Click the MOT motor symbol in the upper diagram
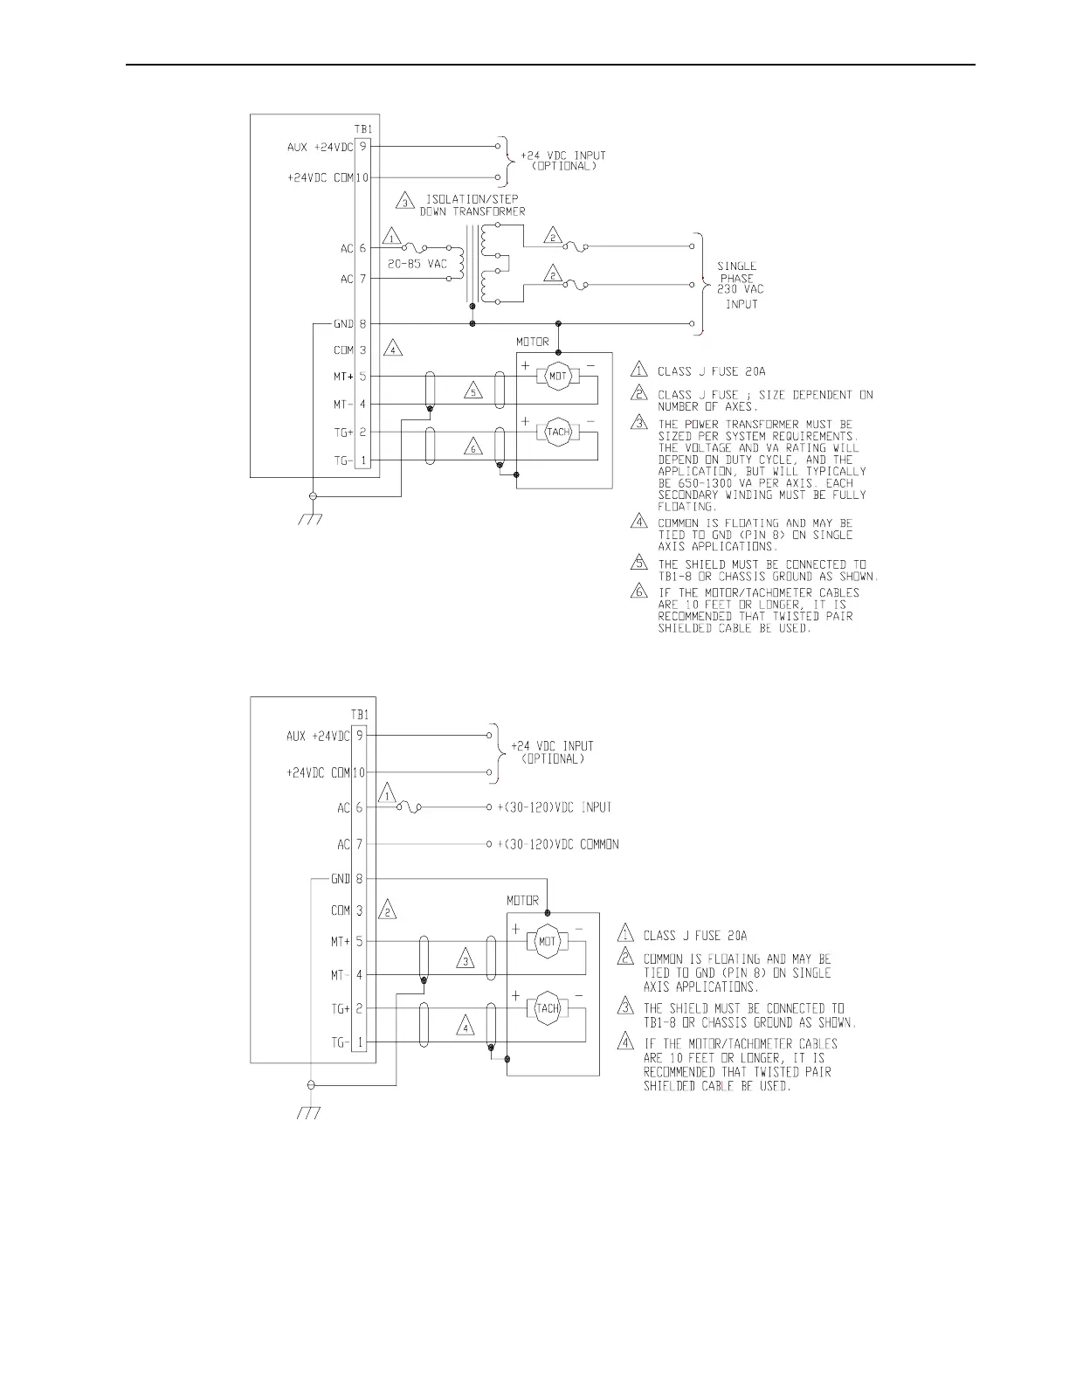click(x=558, y=377)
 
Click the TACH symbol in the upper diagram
click(x=558, y=432)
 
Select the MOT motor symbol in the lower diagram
click(x=547, y=941)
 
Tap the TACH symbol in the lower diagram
click(x=547, y=1007)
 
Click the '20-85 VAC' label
click(x=417, y=263)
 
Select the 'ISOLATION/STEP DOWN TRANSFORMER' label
click(x=472, y=204)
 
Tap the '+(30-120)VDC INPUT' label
click(x=555, y=807)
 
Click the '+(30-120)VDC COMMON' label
click(x=558, y=844)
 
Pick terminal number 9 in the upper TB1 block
click(x=362, y=147)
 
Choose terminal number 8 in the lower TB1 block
click(x=359, y=879)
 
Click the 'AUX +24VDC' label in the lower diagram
click(x=318, y=736)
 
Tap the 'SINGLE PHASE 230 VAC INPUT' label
click(x=737, y=285)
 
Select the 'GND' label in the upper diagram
click(x=343, y=323)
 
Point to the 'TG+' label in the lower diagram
click(x=340, y=1008)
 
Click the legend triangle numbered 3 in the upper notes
click(x=641, y=424)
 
